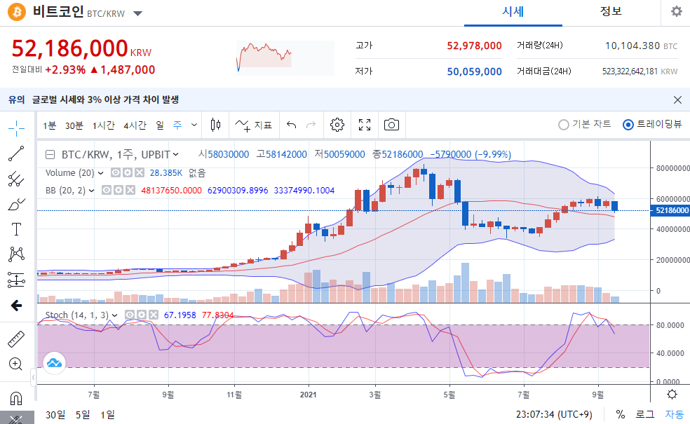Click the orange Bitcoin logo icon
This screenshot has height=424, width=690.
(17, 12)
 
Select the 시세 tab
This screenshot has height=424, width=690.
(513, 12)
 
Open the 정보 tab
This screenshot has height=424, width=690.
(611, 11)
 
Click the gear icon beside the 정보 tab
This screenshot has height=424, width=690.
(677, 11)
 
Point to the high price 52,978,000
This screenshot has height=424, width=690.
(474, 46)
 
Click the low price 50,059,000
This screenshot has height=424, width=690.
(474, 71)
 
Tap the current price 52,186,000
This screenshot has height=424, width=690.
(69, 48)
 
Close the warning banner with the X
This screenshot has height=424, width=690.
(677, 100)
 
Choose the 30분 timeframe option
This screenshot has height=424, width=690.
(74, 125)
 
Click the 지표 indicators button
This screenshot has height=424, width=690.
(253, 125)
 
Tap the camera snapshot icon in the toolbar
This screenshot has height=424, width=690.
(391, 125)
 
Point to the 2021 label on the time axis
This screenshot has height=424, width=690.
(308, 395)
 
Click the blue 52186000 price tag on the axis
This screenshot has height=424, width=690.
(672, 211)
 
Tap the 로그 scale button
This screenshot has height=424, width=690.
(644, 414)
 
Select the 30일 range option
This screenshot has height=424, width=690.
(55, 415)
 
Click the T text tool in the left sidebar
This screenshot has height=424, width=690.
(16, 229)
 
